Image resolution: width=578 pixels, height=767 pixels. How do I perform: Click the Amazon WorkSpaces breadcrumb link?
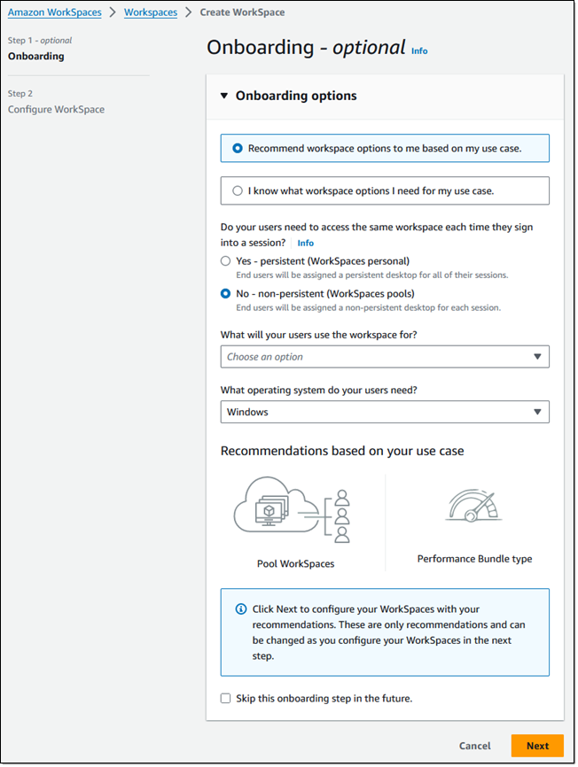pos(54,12)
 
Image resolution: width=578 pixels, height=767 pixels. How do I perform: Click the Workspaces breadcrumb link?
pos(150,12)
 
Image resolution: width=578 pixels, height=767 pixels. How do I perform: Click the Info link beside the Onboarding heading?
pos(419,51)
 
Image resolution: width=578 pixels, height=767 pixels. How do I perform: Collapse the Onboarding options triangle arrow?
pos(224,96)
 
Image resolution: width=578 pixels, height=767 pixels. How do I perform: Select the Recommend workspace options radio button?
pos(238,149)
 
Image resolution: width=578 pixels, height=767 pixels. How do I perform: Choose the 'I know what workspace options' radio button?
pos(238,190)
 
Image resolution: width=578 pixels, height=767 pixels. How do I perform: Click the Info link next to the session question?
pos(305,243)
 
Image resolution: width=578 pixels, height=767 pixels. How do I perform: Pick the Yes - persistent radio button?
pos(225,261)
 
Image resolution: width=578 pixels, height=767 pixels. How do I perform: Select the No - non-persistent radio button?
pos(225,293)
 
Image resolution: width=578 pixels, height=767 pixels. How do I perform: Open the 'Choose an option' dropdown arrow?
pos(537,357)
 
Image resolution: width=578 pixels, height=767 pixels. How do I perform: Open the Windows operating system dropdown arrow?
pos(537,412)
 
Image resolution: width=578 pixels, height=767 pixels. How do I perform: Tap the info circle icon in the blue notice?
pos(240,609)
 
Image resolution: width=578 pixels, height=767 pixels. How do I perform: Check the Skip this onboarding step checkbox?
pos(225,698)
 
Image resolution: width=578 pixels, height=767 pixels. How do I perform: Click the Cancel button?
pos(475,746)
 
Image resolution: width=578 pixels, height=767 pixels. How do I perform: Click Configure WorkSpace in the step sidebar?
pos(56,110)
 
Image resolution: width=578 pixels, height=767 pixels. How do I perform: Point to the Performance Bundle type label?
pos(474,559)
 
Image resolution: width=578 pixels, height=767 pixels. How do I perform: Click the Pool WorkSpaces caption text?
pos(295,563)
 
